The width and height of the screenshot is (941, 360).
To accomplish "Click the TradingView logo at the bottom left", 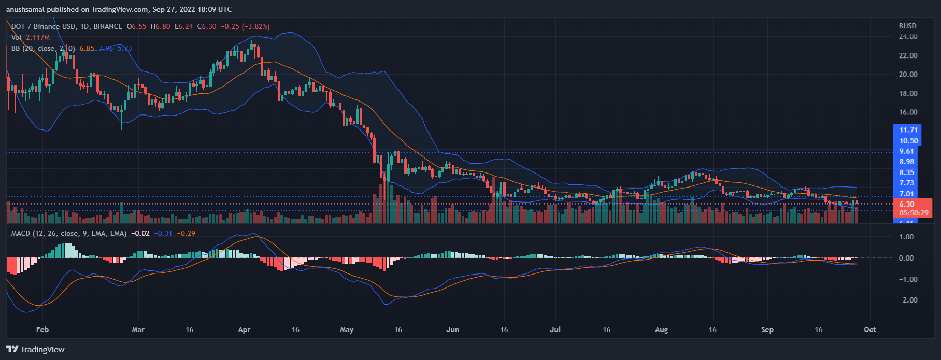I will tap(35, 349).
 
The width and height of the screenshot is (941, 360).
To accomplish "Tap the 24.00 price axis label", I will tap(908, 36).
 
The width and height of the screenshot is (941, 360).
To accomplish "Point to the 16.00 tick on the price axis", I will tap(908, 112).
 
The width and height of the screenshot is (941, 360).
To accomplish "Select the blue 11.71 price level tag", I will tap(908, 130).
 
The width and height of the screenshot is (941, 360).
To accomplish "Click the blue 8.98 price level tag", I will tap(906, 162).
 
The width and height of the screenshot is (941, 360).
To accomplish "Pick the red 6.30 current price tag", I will tap(906, 204).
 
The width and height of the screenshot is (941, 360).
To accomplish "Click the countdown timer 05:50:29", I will tap(914, 213).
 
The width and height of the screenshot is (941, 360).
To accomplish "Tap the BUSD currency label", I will tap(907, 26).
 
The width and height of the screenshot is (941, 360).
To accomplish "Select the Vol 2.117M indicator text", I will tap(31, 37).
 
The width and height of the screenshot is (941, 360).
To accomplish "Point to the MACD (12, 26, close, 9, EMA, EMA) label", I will tap(68, 233).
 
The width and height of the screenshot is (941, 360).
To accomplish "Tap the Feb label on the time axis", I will tap(42, 329).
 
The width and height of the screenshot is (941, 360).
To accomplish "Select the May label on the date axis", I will tap(347, 329).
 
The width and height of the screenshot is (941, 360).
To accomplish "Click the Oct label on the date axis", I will tap(870, 329).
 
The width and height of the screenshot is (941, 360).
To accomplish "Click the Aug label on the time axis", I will tap(662, 329).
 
